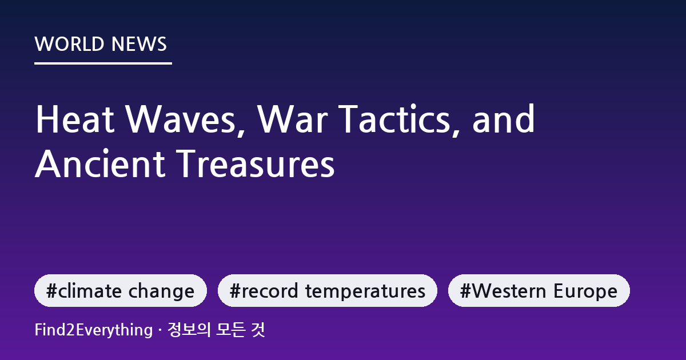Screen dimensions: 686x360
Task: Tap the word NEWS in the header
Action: tap(139, 44)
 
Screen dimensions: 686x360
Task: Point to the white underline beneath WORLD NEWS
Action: tap(103, 63)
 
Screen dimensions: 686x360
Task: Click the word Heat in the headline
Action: tap(75, 119)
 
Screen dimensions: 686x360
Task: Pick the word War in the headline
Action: tap(293, 119)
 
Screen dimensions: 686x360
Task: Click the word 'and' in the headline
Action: tap(504, 119)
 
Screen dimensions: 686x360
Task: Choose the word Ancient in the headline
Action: tap(100, 163)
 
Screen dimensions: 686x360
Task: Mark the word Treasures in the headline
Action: tap(256, 163)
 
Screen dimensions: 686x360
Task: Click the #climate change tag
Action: tap(121, 290)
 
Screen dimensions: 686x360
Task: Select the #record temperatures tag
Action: tap(328, 290)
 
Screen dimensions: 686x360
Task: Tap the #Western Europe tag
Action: tap(539, 290)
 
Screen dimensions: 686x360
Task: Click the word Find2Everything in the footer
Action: tap(94, 330)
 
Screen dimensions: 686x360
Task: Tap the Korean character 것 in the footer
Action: tap(258, 330)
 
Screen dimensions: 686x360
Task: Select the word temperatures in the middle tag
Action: tap(365, 291)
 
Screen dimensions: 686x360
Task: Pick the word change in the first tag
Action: tap(161, 291)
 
